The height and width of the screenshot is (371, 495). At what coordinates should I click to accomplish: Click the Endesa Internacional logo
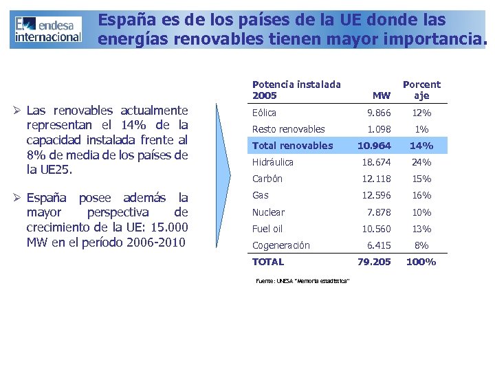coord(47,29)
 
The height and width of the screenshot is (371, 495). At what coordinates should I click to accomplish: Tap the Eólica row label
coord(264,113)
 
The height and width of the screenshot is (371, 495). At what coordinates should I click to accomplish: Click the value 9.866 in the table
coord(378,113)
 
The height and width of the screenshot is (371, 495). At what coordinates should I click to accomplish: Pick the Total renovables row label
coord(292,146)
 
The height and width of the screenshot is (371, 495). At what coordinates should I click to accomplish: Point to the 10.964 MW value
coord(375,146)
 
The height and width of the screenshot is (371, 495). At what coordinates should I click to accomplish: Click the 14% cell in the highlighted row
coord(421,146)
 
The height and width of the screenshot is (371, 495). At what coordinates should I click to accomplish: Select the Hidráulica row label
coord(272,162)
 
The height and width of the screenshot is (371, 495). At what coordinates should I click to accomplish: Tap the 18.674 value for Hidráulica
coord(377,162)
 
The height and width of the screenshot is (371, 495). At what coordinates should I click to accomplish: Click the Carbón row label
coord(267,179)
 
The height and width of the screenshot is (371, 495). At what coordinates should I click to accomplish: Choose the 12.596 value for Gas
coord(377,196)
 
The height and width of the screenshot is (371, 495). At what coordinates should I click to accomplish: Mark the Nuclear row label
coord(268,212)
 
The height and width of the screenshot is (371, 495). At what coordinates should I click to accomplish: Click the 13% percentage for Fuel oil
coord(421,229)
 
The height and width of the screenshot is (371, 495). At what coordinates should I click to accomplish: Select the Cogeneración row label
coord(280,245)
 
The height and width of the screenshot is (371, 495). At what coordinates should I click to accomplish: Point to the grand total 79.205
coord(375,262)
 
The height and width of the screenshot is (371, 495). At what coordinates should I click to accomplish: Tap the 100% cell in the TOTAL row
coord(421,262)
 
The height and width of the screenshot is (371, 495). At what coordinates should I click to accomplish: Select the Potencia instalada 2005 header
coord(296,89)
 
